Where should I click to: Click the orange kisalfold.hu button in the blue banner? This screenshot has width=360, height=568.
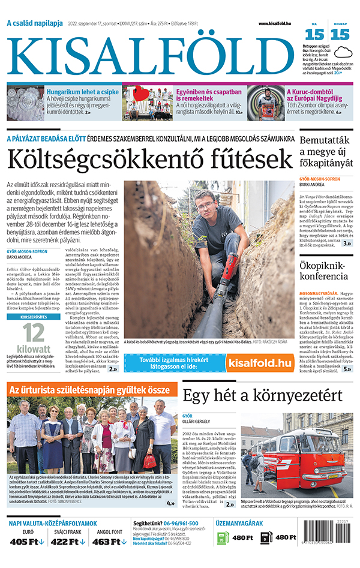click(x=259, y=362)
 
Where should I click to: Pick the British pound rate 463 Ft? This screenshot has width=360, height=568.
click(x=110, y=542)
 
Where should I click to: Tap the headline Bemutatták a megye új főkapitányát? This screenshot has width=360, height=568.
click(x=326, y=153)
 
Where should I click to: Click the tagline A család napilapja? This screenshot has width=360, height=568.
click(x=35, y=23)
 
